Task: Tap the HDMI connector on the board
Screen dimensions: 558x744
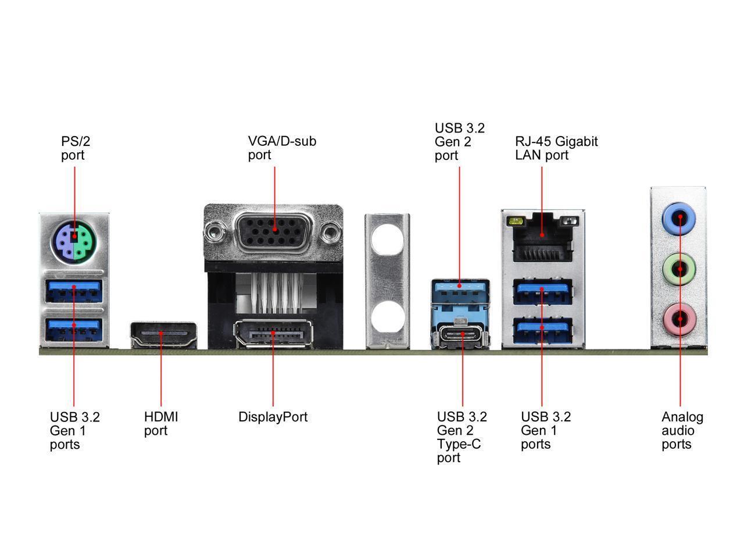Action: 163,335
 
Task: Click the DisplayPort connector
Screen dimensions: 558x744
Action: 273,334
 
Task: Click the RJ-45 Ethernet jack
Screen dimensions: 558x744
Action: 542,237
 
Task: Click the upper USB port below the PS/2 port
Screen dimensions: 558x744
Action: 74,291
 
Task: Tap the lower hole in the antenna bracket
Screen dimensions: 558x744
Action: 387,319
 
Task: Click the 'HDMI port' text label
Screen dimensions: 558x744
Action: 161,424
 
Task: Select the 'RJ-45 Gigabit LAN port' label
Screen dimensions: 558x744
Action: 556,148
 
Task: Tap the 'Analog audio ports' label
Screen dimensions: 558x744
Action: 682,431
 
